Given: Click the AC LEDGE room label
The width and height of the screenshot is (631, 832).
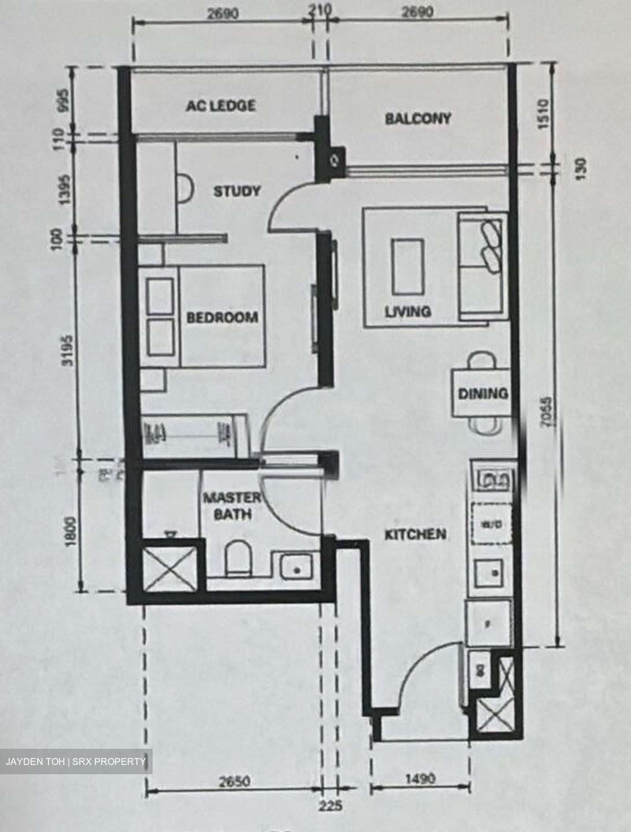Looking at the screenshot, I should (x=220, y=106).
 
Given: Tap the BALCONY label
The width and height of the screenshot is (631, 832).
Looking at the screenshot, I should (x=418, y=118).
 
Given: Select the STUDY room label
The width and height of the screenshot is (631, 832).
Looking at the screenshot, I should (x=237, y=191).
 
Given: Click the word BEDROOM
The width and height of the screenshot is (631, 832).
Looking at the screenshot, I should (x=222, y=317).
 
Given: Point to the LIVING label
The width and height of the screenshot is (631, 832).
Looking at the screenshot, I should (x=408, y=311).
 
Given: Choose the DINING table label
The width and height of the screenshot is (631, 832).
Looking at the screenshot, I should (x=483, y=394).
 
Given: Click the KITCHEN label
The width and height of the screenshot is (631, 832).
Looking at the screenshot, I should (x=415, y=534).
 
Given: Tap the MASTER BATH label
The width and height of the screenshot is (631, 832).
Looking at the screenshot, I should (x=231, y=506).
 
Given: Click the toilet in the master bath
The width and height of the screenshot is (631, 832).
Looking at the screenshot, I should (x=236, y=558).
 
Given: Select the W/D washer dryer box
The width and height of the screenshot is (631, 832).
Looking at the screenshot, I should (x=491, y=524).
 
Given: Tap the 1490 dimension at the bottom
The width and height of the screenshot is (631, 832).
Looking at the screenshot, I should (x=420, y=779).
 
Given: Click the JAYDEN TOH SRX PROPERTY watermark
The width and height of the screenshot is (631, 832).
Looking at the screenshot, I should (x=76, y=762).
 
